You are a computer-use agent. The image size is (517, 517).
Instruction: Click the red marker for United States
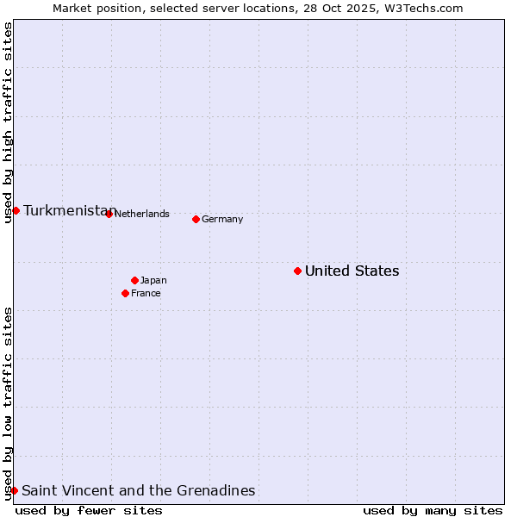click(x=297, y=271)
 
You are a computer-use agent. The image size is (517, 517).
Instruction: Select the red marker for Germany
click(x=196, y=219)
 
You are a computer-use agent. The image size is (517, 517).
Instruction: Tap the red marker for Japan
click(x=134, y=280)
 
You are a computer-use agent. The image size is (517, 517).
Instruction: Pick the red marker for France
click(x=125, y=293)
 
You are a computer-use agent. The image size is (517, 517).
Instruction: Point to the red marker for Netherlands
click(x=109, y=214)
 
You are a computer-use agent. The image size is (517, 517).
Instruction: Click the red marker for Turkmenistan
click(x=16, y=210)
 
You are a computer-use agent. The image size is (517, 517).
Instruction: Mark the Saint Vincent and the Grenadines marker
click(x=14, y=490)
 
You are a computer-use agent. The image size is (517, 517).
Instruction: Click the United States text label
click(x=352, y=271)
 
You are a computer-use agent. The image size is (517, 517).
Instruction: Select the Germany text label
click(x=222, y=219)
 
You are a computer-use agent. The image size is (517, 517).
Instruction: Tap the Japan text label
click(x=153, y=280)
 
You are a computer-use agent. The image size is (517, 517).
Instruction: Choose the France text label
click(x=146, y=293)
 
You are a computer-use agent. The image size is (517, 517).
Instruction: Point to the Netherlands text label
click(x=141, y=214)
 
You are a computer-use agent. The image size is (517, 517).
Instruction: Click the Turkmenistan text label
click(x=69, y=210)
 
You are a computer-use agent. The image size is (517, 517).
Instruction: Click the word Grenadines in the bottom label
click(x=215, y=491)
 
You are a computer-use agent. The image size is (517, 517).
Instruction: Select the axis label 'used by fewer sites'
click(x=89, y=510)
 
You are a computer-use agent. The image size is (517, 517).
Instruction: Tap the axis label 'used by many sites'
click(x=433, y=510)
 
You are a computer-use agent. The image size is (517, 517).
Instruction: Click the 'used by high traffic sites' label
click(x=8, y=122)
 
